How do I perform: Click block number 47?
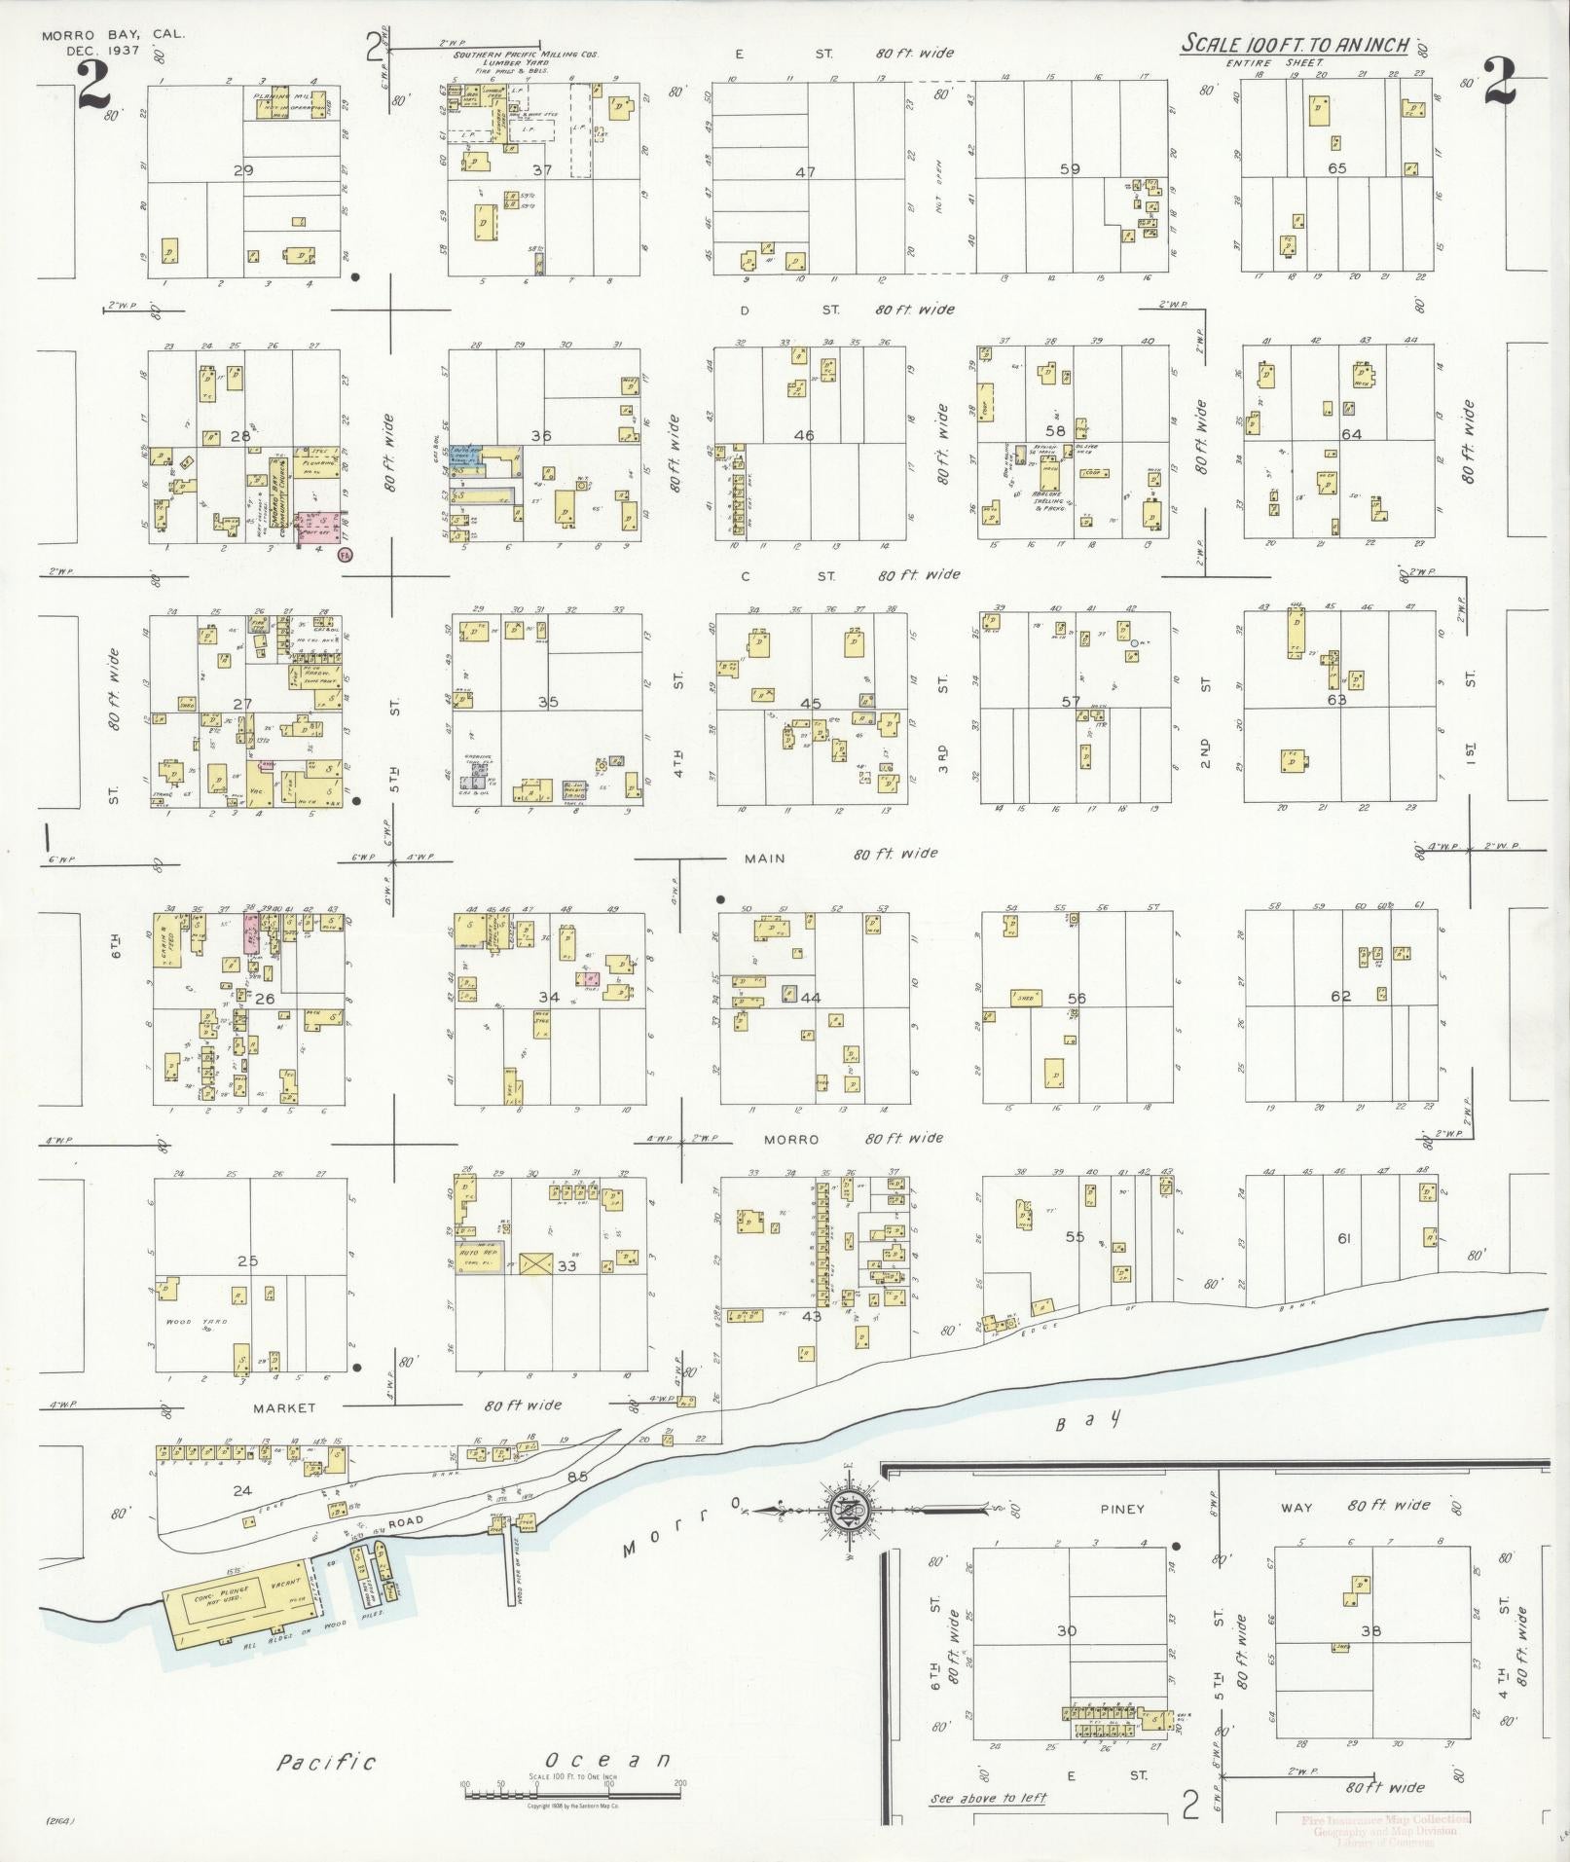[804, 171]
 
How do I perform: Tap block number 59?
[1070, 168]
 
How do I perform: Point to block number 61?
[1344, 1238]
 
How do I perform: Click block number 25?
[247, 1260]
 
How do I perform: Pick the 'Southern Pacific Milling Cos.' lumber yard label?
[525, 56]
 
